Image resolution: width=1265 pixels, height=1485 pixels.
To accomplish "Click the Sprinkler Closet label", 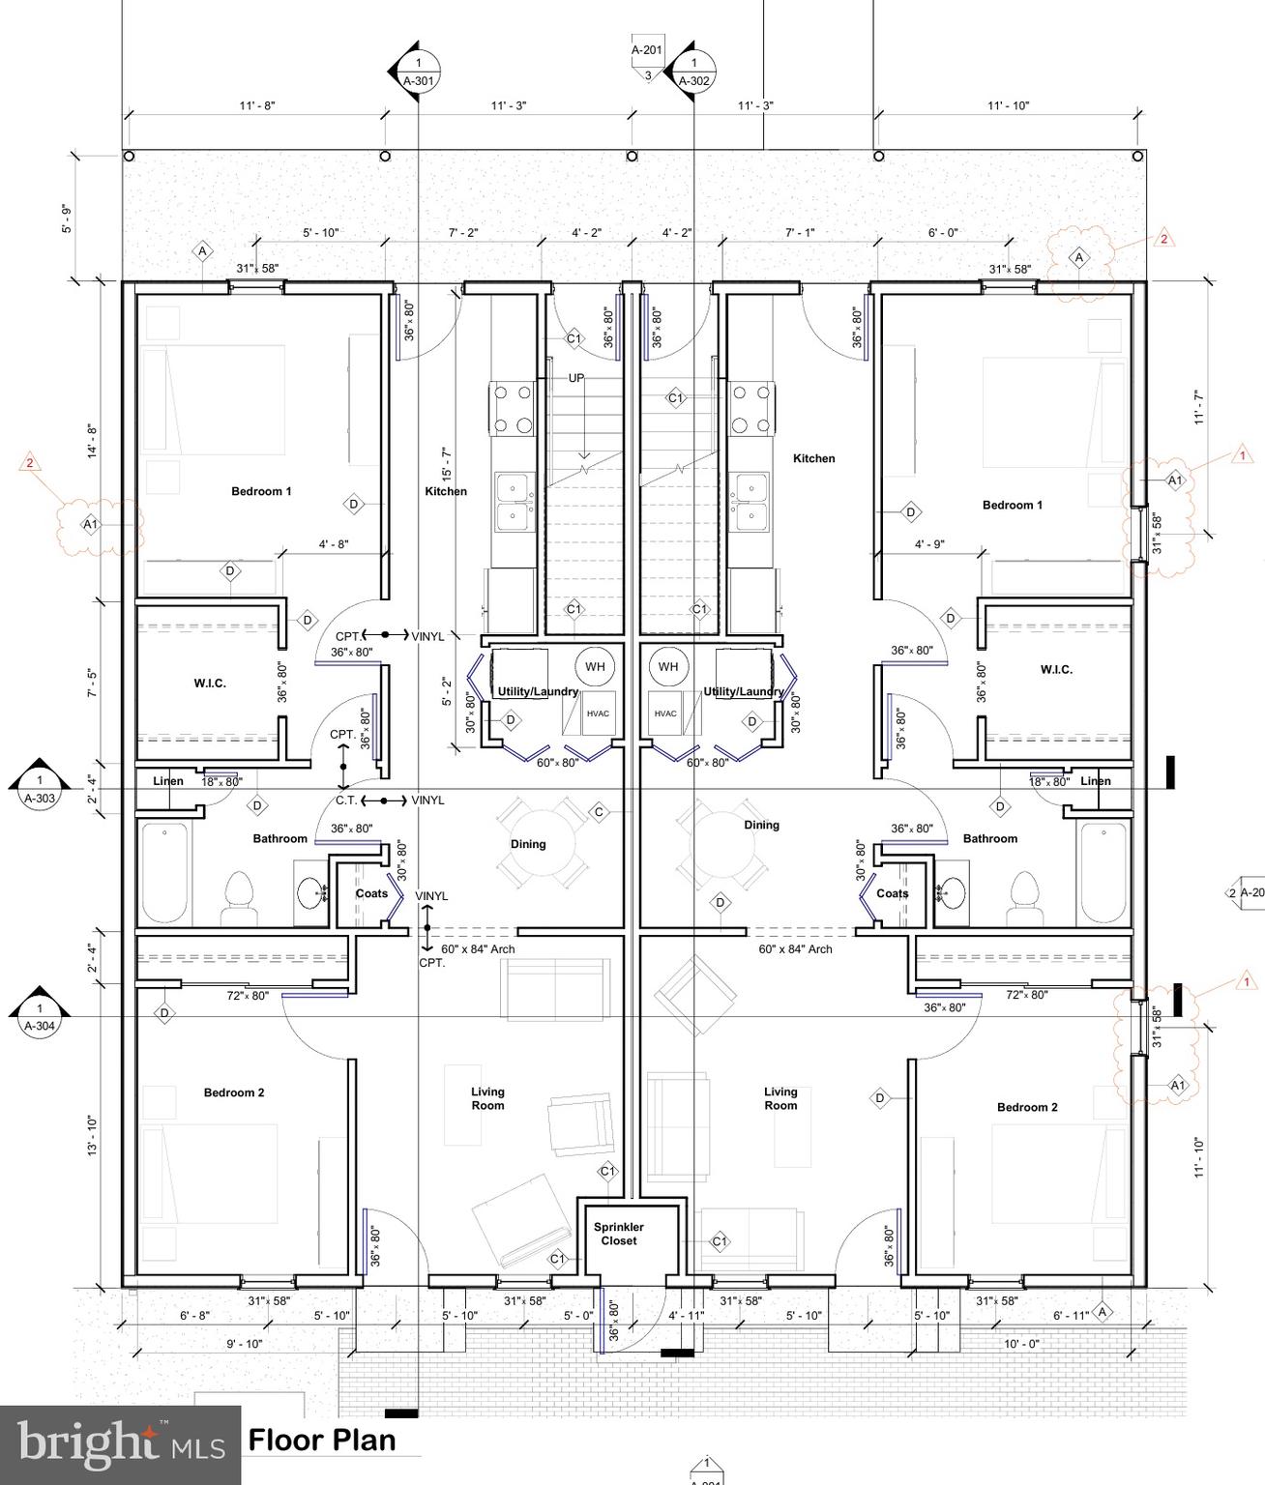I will (618, 1234).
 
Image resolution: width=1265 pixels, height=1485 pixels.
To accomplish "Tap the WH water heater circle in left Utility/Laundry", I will (594, 666).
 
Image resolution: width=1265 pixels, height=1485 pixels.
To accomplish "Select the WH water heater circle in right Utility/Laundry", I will (667, 666).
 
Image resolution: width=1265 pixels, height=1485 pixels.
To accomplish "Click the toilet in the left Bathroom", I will (237, 899).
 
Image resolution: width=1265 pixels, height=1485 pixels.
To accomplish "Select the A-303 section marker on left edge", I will (39, 789).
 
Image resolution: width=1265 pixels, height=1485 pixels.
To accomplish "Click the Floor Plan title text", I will (322, 1440).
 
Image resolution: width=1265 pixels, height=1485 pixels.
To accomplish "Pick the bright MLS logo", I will (120, 1444).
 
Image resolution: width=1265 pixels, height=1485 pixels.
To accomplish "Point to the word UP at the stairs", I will (576, 378).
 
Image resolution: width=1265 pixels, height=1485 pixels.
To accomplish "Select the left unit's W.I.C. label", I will (210, 684).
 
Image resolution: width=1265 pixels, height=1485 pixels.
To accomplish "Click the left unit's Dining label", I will (528, 844).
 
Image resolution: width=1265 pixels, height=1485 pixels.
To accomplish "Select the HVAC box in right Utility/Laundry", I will (665, 713).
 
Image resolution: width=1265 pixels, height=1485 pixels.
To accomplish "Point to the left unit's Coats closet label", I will (371, 893).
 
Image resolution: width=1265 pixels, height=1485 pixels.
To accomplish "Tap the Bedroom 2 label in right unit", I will (1027, 1107).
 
